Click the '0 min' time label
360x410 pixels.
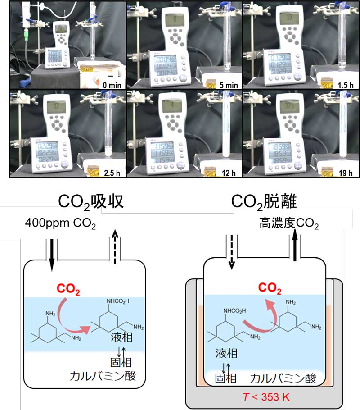[111, 84]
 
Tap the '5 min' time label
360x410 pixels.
[228, 84]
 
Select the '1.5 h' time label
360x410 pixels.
[344, 84]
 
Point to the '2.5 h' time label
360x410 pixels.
[112, 172]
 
